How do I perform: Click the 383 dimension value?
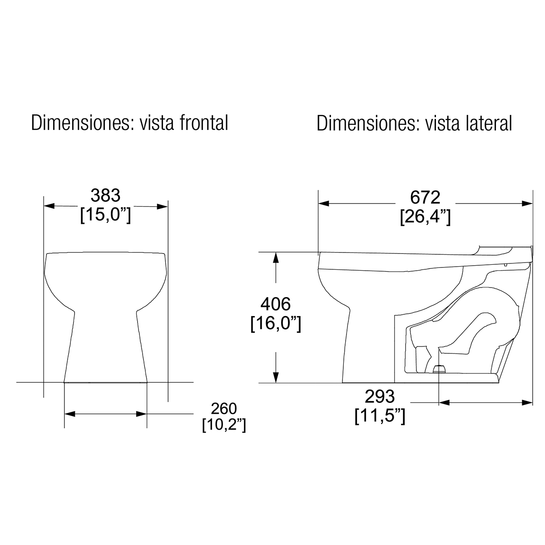(105, 195)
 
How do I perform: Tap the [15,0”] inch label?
(105, 215)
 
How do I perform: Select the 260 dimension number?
(224, 408)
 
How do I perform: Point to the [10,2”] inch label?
(224, 425)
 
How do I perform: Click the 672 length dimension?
(425, 197)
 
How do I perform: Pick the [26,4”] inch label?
(425, 217)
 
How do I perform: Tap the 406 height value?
(276, 304)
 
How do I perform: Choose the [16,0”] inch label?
(276, 323)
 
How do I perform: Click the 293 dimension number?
(380, 396)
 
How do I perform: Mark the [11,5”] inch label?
(380, 416)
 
